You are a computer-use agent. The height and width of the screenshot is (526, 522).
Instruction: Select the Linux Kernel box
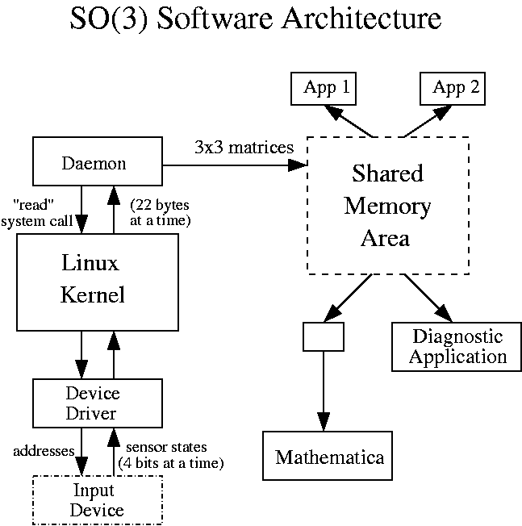coord(96,279)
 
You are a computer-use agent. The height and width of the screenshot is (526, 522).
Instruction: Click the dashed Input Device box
coord(96,499)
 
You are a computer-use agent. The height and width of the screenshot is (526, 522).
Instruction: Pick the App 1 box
coord(325,89)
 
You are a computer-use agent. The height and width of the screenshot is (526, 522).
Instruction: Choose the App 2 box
coord(455,89)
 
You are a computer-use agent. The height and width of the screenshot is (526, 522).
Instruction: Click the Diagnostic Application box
coord(457,347)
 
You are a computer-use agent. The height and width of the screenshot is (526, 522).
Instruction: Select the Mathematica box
coord(329,457)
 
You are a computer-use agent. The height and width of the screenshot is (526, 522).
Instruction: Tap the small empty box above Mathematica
coord(323,336)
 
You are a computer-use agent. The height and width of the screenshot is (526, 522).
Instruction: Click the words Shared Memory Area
coord(387,207)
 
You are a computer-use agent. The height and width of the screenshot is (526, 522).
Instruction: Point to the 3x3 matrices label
coord(244,148)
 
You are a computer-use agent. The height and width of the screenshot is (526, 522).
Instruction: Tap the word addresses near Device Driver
coord(44,450)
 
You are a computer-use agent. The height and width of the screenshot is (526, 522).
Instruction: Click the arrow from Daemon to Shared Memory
coord(234,165)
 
